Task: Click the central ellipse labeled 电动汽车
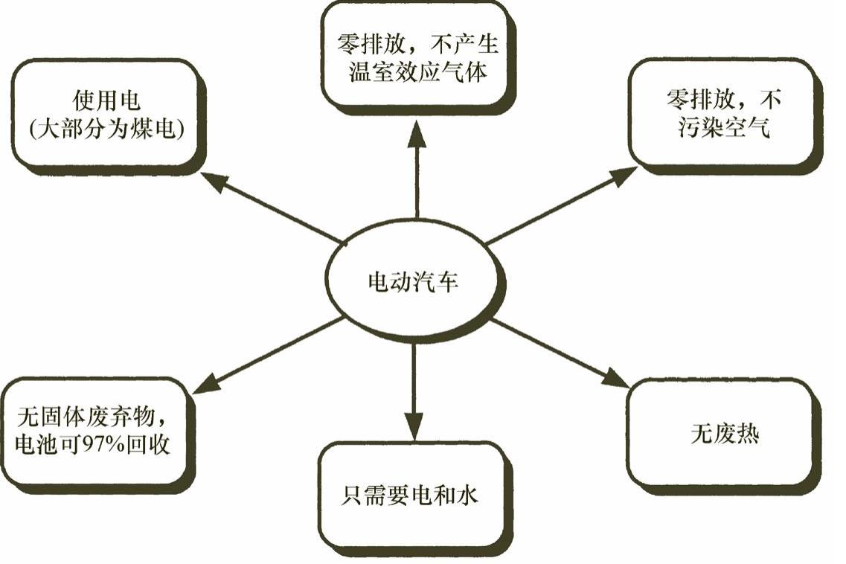pos(414,282)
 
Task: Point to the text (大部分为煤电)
pos(107,129)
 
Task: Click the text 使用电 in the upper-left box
pos(107,100)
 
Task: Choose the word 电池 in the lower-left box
pos(36,445)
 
